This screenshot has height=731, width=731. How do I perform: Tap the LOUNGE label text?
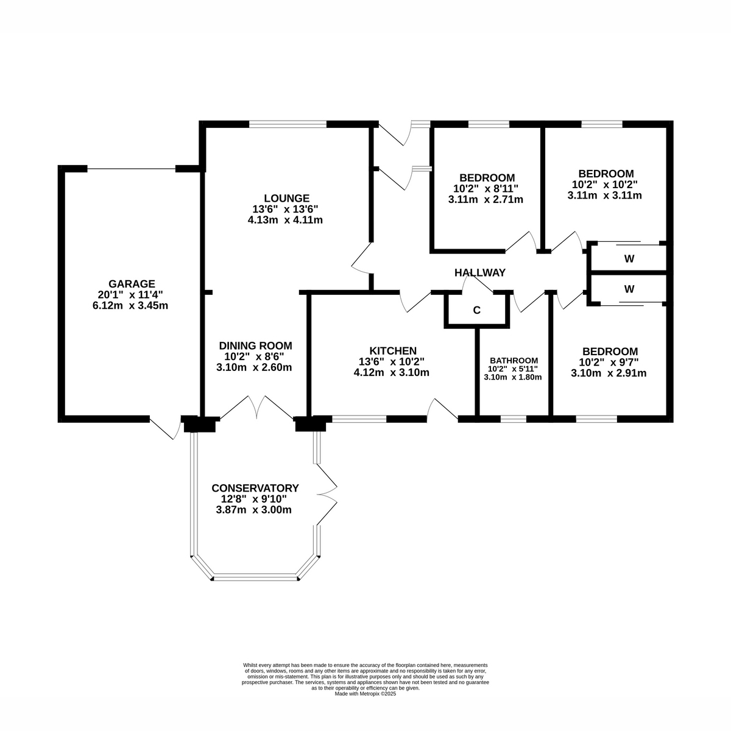pyautogui.click(x=286, y=198)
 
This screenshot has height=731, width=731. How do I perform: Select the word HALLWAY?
pyautogui.click(x=479, y=273)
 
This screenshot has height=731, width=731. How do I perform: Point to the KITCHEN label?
pyautogui.click(x=394, y=351)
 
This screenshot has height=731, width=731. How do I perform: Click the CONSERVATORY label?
pyautogui.click(x=255, y=489)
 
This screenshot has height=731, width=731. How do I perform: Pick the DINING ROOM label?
pyautogui.click(x=255, y=345)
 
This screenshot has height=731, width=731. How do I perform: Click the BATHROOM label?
pyautogui.click(x=514, y=360)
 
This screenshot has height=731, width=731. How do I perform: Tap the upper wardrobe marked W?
pyautogui.click(x=629, y=259)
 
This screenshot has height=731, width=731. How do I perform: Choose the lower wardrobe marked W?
pyautogui.click(x=629, y=289)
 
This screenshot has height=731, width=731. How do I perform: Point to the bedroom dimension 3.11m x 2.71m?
pyautogui.click(x=486, y=199)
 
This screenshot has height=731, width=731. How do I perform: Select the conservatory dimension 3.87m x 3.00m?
pyautogui.click(x=253, y=510)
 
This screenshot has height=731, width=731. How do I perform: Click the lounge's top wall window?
pyautogui.click(x=288, y=125)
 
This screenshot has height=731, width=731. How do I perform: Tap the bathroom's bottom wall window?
pyautogui.click(x=514, y=418)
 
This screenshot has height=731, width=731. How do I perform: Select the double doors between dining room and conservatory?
pyautogui.click(x=256, y=407)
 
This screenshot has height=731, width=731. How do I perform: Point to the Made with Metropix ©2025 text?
pyautogui.click(x=365, y=693)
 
